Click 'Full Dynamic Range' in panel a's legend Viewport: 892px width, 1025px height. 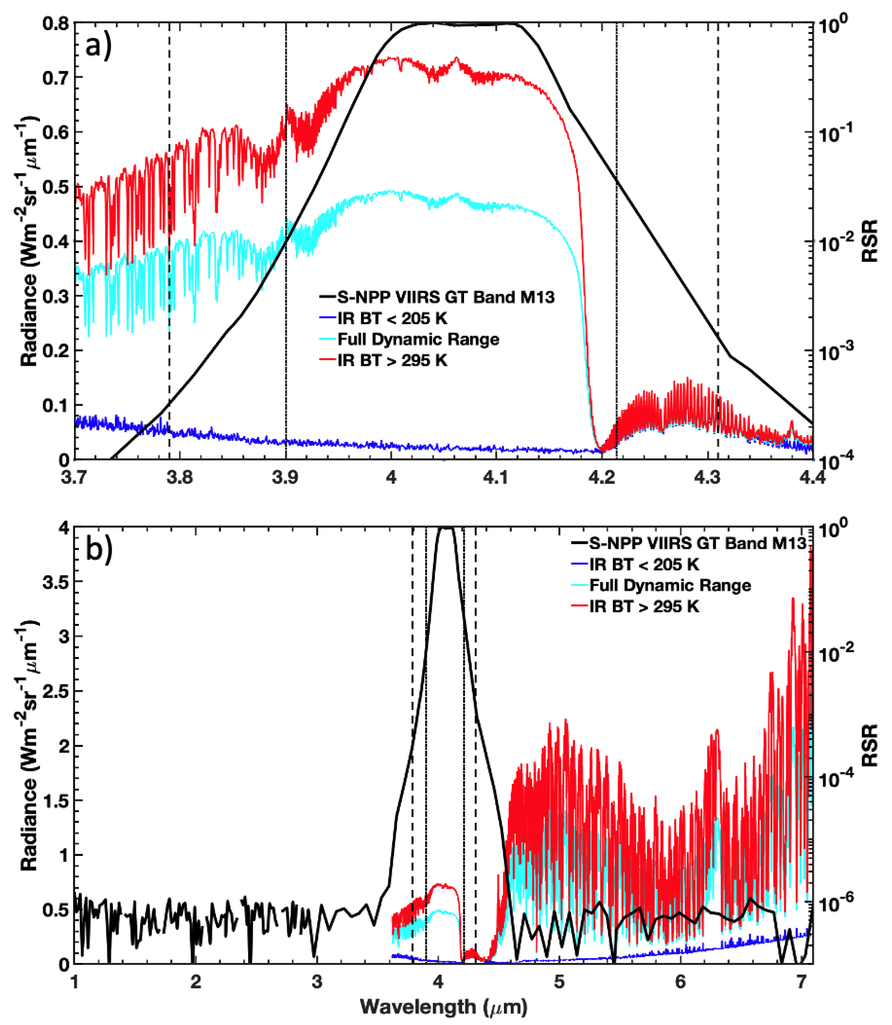(x=418, y=339)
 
